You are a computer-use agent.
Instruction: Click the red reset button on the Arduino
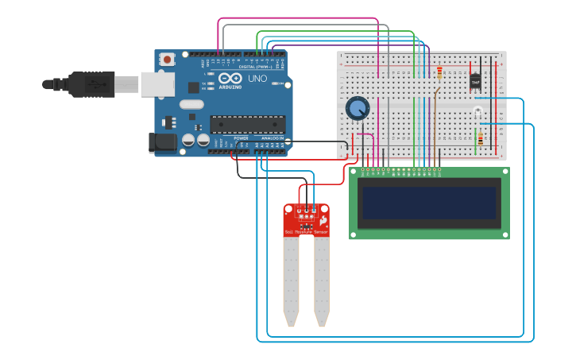[167, 59]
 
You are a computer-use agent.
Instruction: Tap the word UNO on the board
[257, 79]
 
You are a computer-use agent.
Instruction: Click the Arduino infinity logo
[230, 79]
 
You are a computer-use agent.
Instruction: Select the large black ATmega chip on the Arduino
[247, 124]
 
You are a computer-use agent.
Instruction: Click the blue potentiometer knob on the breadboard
[358, 107]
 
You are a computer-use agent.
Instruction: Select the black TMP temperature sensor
[476, 81]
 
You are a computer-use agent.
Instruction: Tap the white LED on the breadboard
[477, 111]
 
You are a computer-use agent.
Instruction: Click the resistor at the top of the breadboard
[439, 73]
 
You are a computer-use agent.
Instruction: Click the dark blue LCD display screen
[429, 203]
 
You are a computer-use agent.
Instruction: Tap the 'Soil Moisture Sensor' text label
[306, 232]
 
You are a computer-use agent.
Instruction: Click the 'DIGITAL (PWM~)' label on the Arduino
[255, 67]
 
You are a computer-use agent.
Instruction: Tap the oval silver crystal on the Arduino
[191, 104]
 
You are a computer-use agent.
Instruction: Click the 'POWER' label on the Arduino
[241, 137]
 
